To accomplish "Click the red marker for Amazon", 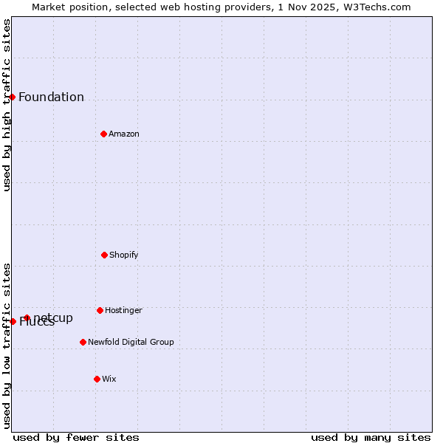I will click(x=103, y=134).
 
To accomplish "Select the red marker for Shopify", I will click(x=104, y=255).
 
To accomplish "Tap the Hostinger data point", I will click(x=100, y=310).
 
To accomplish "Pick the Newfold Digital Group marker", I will click(x=83, y=342).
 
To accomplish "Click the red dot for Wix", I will click(x=97, y=379).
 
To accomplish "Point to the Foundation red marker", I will click(x=12, y=97).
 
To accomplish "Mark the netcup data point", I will click(x=27, y=317).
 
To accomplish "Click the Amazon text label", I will click(x=124, y=134).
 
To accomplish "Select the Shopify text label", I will click(x=124, y=255).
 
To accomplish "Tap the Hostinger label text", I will click(x=123, y=311).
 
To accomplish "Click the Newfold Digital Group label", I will click(x=131, y=343).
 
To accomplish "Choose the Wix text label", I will click(x=109, y=380).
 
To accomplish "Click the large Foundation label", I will click(x=51, y=97).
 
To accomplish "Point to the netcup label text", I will click(x=53, y=318).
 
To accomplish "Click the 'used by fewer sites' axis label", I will click(x=76, y=437).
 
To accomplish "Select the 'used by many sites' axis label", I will click(x=371, y=437).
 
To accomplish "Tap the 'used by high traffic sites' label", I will click(x=7, y=105).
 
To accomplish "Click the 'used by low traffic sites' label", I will click(x=7, y=346).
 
